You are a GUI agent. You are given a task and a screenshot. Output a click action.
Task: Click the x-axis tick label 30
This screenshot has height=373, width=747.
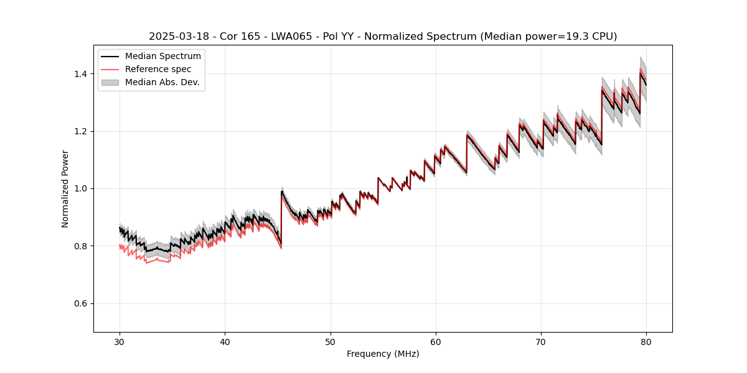[x=120, y=341]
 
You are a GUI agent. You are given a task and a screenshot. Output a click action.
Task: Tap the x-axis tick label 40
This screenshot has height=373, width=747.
[x=225, y=341]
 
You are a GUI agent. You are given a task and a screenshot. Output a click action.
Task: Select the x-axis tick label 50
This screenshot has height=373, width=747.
[x=331, y=341]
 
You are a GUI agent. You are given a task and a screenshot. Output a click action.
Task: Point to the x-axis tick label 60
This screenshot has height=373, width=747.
[x=436, y=341]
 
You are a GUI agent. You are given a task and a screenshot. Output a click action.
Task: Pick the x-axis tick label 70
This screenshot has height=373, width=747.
[x=541, y=341]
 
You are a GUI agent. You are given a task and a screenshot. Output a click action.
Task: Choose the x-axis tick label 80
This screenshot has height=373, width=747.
[x=646, y=341]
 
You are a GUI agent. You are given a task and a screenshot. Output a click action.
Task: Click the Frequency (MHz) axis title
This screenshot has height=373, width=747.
[x=383, y=354]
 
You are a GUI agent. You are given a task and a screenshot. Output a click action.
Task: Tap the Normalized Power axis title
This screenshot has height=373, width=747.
[x=65, y=188]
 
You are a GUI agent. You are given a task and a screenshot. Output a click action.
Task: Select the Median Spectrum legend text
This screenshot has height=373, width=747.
[x=163, y=57]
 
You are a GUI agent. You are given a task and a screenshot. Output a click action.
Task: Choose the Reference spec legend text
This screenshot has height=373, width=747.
[x=158, y=69]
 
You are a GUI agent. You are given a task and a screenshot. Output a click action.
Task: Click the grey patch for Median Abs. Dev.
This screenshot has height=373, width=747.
[x=110, y=82]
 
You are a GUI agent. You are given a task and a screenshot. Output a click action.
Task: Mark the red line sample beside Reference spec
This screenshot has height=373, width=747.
[x=110, y=69]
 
